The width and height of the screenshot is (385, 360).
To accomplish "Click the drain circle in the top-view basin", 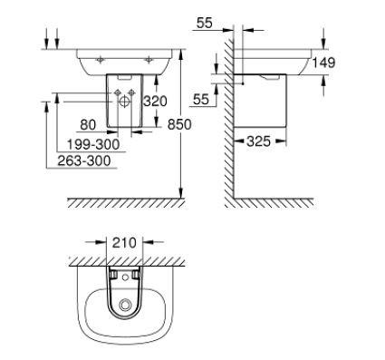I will (x=122, y=308).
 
